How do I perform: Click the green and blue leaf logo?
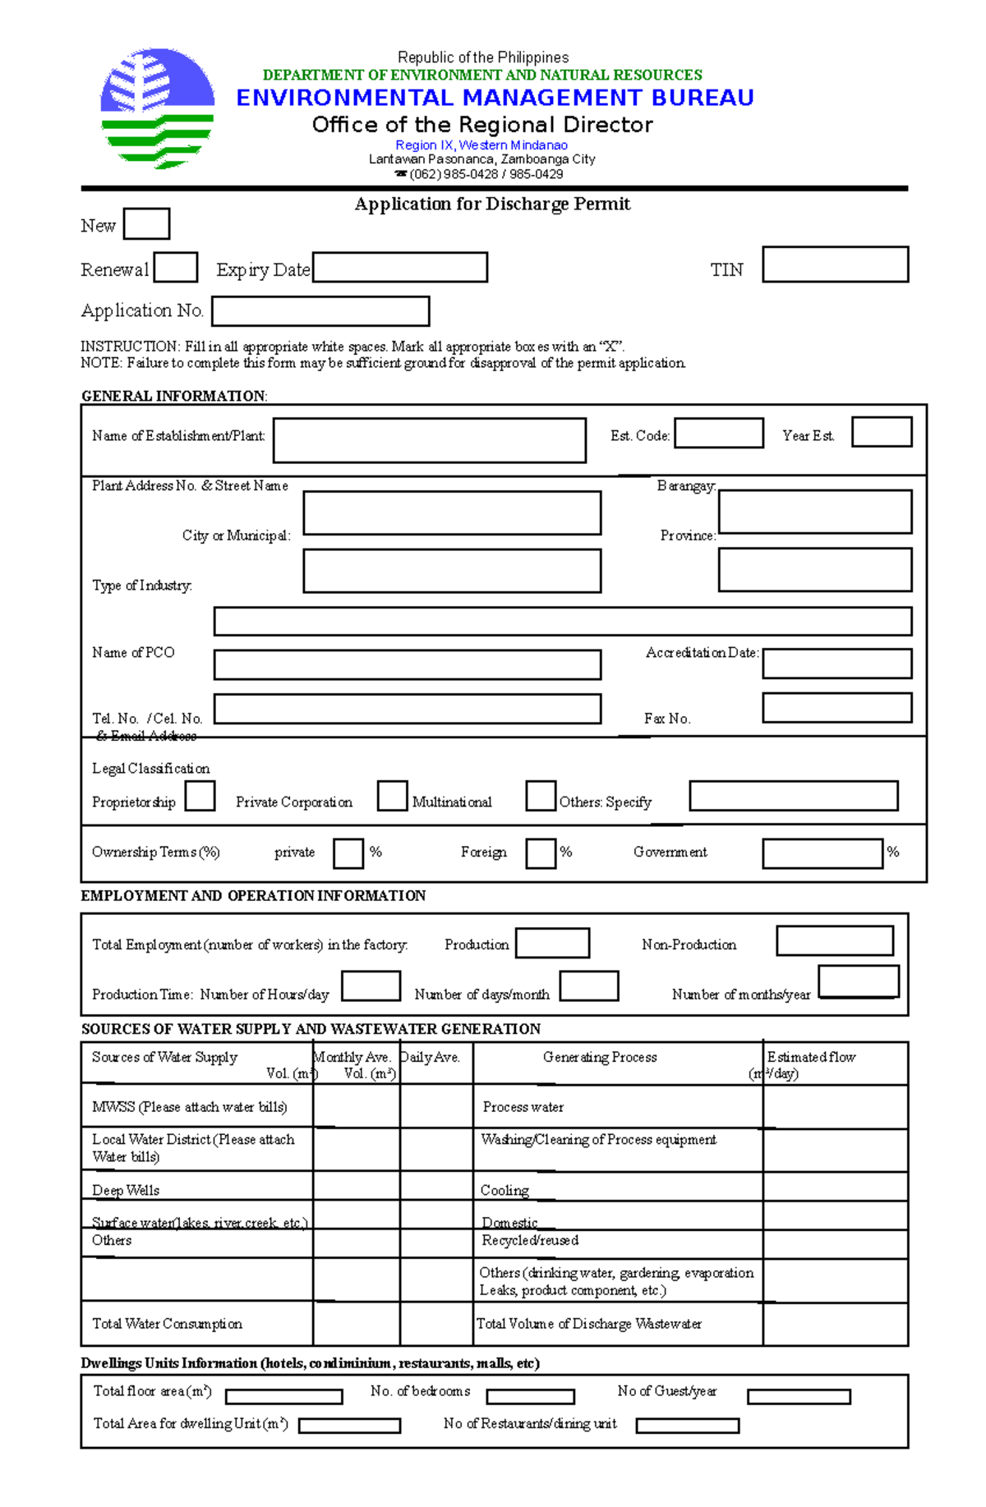coord(157,108)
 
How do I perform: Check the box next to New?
coord(146,223)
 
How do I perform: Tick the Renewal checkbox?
coord(176,267)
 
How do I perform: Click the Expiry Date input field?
coord(400,267)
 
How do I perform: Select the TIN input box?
coord(835,264)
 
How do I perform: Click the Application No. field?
coord(320,311)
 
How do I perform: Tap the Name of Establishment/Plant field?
coord(429,440)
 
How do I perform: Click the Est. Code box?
coord(719,433)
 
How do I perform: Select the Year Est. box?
coord(882,432)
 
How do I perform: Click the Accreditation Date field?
coord(836,664)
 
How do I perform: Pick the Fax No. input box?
coord(836,708)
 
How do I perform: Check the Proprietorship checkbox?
coord(200,796)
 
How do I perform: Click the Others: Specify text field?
coord(793,796)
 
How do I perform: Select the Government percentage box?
coord(822,853)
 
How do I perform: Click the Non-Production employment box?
coord(835,941)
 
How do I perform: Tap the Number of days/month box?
coord(588,986)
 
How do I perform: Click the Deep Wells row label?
coord(126,1190)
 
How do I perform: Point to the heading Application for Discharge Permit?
coord(492,204)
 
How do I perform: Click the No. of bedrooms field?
coord(530,1396)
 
